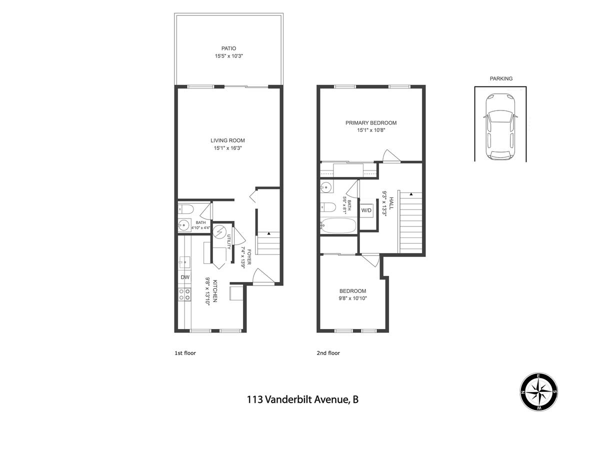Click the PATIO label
coord(228,48)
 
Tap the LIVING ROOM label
coord(227,140)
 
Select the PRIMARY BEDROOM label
coord(370,123)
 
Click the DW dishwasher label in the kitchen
coord(185,277)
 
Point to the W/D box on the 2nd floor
coord(366,210)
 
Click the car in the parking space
coord(500,127)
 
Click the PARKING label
coord(501,78)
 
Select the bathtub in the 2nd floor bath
coord(338,225)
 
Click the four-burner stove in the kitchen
coord(184,294)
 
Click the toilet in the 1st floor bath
coord(186,209)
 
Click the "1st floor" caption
coord(185,353)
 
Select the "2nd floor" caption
coord(328,353)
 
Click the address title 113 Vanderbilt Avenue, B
coord(302,399)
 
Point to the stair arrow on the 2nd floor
coord(411,194)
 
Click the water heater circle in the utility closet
coord(219,231)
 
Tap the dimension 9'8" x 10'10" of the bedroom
coord(352,298)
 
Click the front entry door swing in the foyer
coord(263,277)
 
